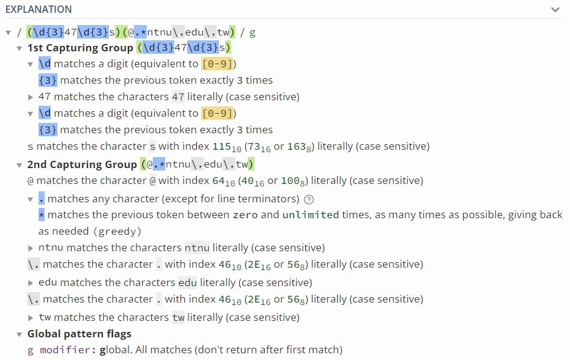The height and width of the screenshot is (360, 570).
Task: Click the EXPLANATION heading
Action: (x=39, y=9)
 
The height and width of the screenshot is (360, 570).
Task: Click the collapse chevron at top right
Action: (x=555, y=10)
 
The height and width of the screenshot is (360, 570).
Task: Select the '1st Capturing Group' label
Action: (x=80, y=48)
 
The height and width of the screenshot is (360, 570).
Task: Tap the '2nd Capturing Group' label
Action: (x=82, y=164)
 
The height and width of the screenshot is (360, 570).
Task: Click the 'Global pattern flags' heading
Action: (x=79, y=334)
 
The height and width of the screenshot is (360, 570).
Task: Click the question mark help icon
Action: (x=309, y=199)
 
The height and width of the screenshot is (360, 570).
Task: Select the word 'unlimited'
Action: (x=310, y=215)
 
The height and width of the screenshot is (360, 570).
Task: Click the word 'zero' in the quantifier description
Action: (x=245, y=215)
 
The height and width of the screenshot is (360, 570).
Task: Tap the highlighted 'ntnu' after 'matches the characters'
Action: (x=197, y=248)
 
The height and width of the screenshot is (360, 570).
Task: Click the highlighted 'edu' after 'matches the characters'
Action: (x=188, y=282)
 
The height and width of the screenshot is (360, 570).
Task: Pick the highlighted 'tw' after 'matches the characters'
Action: (x=178, y=317)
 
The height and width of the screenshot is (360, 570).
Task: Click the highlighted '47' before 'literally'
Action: (x=178, y=97)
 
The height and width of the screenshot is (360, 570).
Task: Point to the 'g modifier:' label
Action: (x=62, y=350)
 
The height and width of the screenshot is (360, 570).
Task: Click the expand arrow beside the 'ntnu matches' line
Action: (x=31, y=248)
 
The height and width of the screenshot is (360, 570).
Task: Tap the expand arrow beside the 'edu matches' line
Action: (x=31, y=283)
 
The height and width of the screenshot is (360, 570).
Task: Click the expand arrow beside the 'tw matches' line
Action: (x=31, y=318)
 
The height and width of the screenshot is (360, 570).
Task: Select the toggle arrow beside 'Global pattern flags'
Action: (x=20, y=334)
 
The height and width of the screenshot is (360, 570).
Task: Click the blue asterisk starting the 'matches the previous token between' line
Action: (x=42, y=215)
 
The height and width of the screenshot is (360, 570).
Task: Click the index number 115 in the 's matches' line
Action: (x=220, y=146)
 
